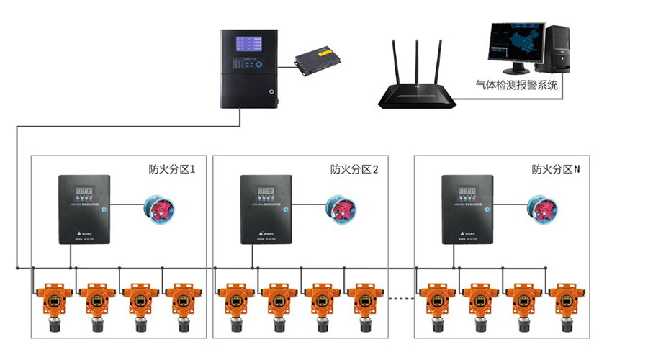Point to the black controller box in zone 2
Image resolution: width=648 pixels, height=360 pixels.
[266, 208]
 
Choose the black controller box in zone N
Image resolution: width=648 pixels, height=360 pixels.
[467, 208]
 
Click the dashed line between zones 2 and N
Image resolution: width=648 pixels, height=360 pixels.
[402, 296]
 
